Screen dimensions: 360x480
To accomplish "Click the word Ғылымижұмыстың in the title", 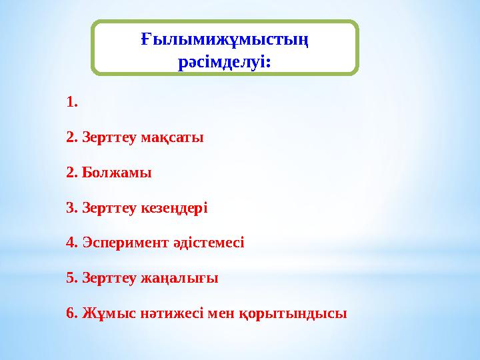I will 225,41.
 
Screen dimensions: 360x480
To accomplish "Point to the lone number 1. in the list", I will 73,103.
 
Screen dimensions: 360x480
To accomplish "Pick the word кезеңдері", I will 175,208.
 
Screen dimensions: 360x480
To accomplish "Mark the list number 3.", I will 72,208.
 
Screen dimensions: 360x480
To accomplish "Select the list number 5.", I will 72,277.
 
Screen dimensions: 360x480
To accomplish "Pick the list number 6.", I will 72,313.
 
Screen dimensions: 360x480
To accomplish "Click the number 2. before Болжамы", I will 72,173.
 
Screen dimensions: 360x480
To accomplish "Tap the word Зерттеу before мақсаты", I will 109,138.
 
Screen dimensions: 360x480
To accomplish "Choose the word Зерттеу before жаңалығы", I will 109,277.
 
